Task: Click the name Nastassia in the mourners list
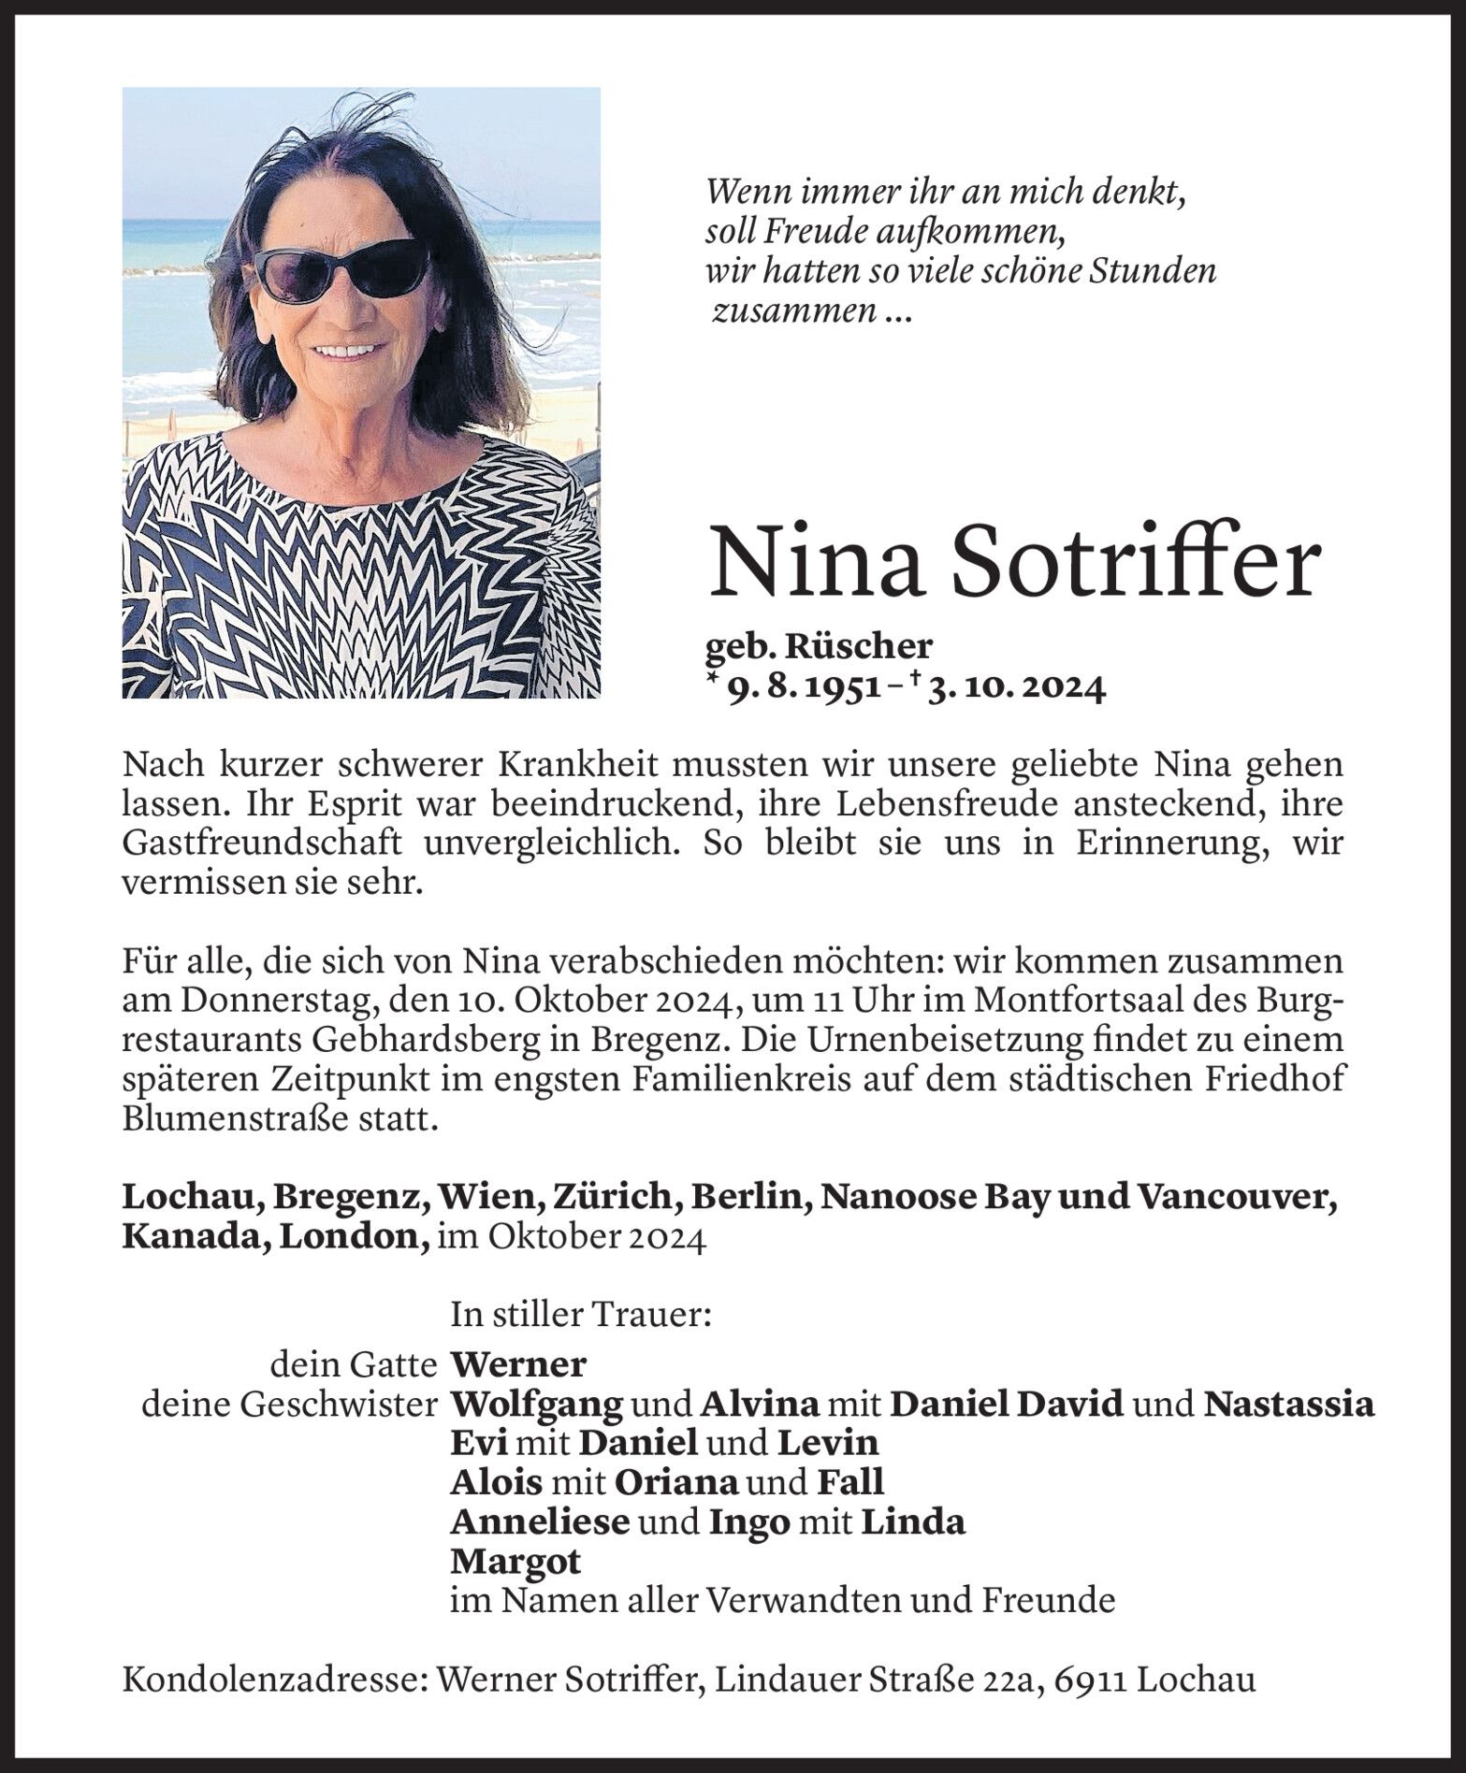(x=1288, y=1405)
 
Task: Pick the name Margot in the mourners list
(x=515, y=1561)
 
